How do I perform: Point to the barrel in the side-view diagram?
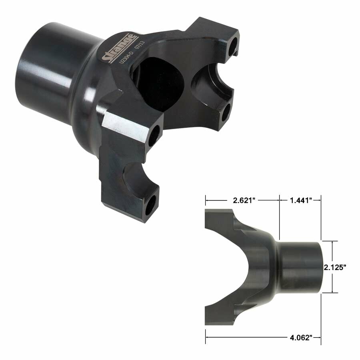[300, 267]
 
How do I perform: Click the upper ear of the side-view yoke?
[224, 224]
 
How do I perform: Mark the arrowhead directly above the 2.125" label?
[332, 242]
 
